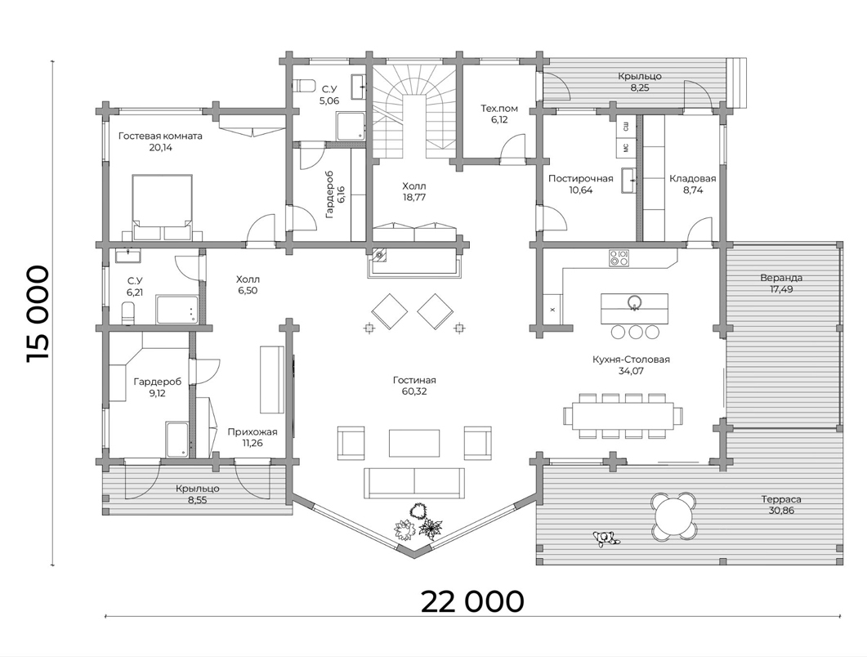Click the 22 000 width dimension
point(471,601)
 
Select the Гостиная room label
point(414,380)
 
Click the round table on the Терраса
point(673,515)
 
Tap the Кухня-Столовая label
point(631,360)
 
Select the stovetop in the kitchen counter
point(619,257)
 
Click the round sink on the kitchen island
point(634,301)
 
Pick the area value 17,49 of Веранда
point(780,289)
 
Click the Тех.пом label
point(498,109)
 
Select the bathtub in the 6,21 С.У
point(177,310)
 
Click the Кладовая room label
point(692,178)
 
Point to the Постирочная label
point(580,178)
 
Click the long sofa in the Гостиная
point(414,483)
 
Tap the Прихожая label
point(253,431)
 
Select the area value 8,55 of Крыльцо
point(198,500)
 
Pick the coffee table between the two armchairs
point(414,443)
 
